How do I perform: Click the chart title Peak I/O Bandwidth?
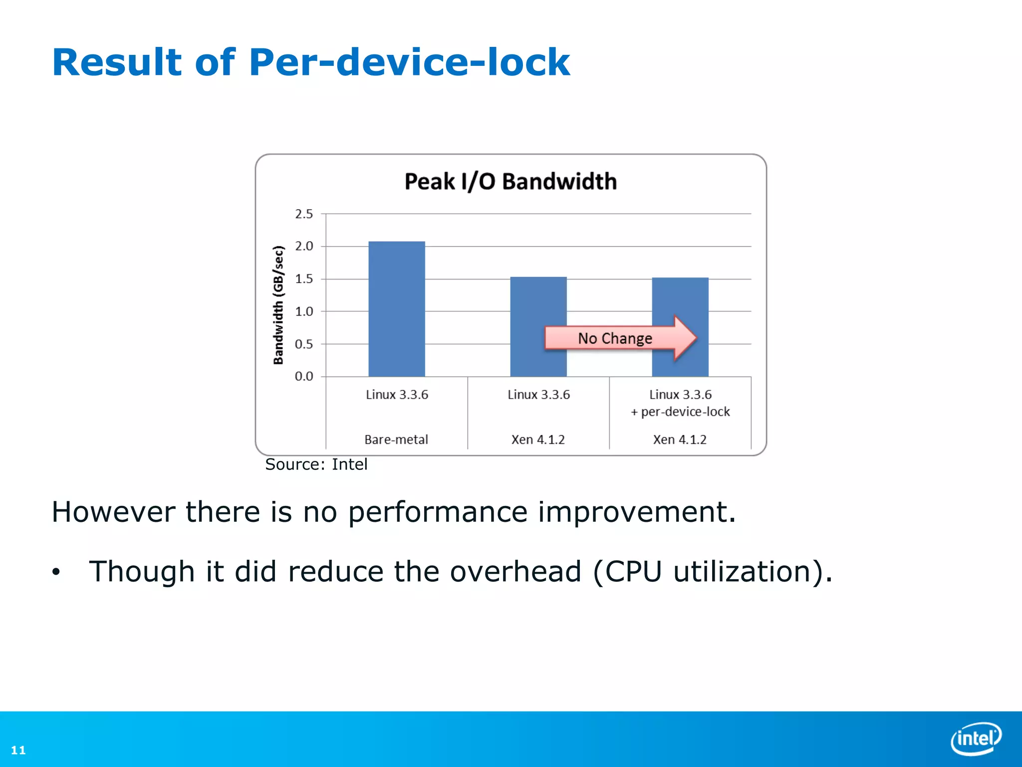(x=511, y=181)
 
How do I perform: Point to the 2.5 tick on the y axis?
(x=304, y=214)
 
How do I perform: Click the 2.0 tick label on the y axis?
(x=304, y=246)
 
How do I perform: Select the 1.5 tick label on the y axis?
(x=304, y=279)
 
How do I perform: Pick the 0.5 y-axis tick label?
(x=304, y=344)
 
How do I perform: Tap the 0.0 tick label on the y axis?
(x=304, y=377)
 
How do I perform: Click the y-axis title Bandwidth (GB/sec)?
(x=278, y=305)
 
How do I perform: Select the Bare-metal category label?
(x=396, y=439)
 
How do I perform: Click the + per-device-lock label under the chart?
(x=680, y=412)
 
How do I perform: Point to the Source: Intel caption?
(x=316, y=464)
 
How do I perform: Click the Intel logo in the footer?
(x=976, y=738)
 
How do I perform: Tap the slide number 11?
(x=18, y=750)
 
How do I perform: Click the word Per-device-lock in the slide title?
(x=409, y=62)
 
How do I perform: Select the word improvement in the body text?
(x=636, y=512)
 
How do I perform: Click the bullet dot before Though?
(x=56, y=572)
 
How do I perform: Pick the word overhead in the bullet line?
(x=515, y=571)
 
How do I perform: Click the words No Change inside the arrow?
(x=615, y=339)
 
